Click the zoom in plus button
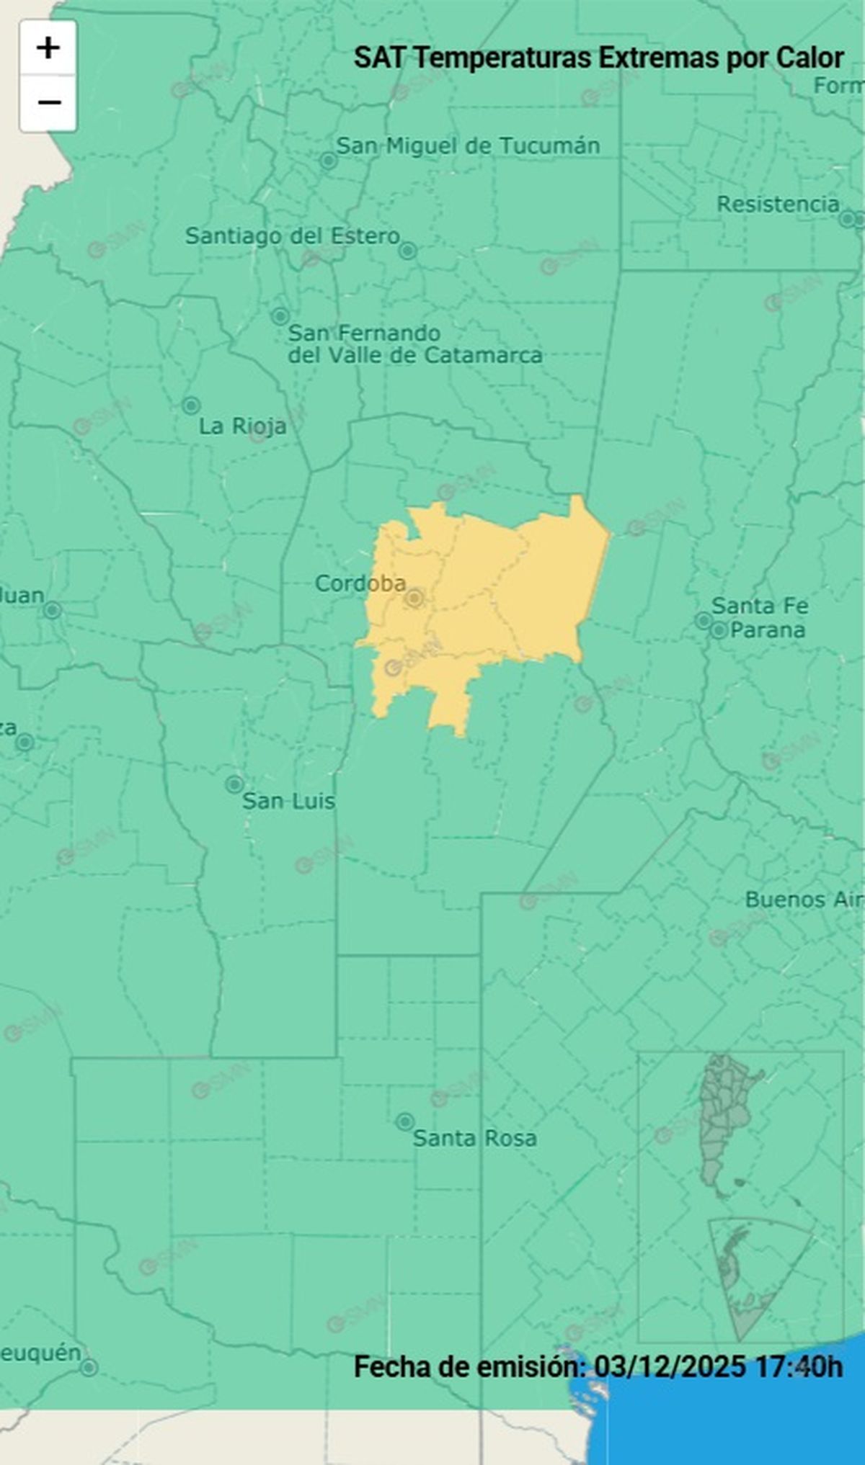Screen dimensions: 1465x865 pos(48,48)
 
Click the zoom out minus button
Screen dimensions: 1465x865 pos(48,103)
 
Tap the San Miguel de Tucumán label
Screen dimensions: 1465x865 pos(468,145)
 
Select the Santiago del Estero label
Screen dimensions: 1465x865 pos(292,236)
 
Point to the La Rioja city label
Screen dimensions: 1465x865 pos(242,426)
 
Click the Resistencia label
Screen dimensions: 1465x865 pos(777,204)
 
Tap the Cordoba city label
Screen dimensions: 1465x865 pos(360,583)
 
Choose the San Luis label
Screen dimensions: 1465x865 pos(288,800)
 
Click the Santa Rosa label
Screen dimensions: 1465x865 pos(474,1138)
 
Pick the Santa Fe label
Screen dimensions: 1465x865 pos(760,606)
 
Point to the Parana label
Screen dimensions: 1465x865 pos(767,630)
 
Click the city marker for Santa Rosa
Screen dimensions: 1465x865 pos(405,1121)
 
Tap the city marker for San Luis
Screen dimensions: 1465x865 pos(234,784)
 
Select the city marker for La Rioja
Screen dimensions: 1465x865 pos(190,405)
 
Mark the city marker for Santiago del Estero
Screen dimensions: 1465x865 pos(408,251)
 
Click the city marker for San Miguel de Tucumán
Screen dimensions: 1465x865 pos(329,161)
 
